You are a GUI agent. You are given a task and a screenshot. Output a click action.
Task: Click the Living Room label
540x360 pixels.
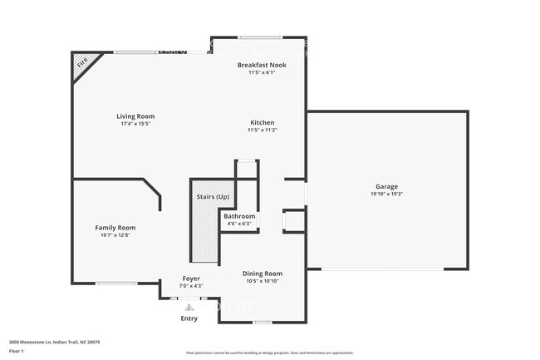(x=135, y=116)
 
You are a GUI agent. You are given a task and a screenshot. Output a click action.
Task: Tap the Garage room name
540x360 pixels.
(x=385, y=186)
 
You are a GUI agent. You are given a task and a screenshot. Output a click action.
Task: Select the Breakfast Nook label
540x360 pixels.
(x=261, y=65)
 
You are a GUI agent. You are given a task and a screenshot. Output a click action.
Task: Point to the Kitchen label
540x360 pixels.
(x=261, y=122)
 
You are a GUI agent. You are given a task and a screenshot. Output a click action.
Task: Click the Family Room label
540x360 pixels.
(x=115, y=228)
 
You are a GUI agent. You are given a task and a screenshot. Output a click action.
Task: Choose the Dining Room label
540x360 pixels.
(x=262, y=274)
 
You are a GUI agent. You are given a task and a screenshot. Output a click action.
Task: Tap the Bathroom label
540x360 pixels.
(x=239, y=216)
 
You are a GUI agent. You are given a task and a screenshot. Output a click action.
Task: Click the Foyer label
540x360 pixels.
(x=191, y=279)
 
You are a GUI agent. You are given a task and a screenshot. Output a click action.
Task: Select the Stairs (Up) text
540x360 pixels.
(x=213, y=197)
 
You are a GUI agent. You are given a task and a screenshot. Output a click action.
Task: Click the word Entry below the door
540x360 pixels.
(x=189, y=318)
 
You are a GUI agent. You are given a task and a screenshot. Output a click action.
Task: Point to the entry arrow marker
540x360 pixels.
(x=189, y=307)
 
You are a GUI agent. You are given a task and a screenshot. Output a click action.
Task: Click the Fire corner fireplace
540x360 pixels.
(x=82, y=63)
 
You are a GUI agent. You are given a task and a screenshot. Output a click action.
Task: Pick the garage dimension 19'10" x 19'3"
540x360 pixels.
(x=385, y=194)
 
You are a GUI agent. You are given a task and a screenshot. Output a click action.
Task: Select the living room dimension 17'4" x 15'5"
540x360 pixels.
(x=135, y=124)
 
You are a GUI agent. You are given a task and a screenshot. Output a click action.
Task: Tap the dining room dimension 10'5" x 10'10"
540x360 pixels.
(x=262, y=281)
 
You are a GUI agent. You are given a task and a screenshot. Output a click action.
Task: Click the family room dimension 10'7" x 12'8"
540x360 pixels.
(x=115, y=235)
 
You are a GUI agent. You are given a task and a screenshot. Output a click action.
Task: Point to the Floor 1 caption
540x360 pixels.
(x=17, y=351)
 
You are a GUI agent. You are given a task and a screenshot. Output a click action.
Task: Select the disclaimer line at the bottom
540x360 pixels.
(x=269, y=353)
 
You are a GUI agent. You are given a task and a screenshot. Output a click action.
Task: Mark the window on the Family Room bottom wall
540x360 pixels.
(x=115, y=284)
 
